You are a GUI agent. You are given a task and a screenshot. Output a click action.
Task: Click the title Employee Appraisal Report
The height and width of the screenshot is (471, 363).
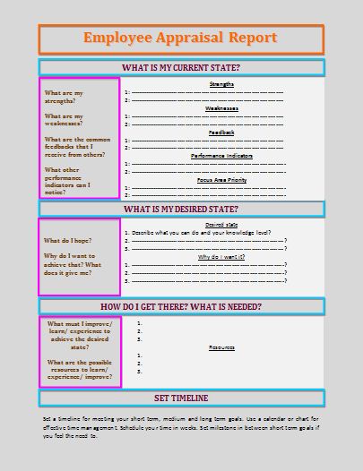pyautogui.click(x=180, y=39)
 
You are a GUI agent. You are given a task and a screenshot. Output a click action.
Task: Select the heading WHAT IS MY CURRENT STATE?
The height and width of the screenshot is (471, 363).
pyautogui.click(x=181, y=68)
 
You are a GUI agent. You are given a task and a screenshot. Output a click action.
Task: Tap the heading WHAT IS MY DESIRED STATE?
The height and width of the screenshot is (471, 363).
pyautogui.click(x=181, y=210)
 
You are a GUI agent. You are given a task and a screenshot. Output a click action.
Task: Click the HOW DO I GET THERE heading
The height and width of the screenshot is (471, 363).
pyautogui.click(x=181, y=306)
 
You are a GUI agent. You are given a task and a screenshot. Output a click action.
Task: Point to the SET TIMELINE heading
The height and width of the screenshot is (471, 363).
pyautogui.click(x=181, y=398)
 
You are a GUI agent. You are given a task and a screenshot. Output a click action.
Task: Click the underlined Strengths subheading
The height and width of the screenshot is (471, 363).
pyautogui.click(x=221, y=84)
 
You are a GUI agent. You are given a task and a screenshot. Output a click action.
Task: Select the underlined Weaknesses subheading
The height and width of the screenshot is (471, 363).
pyautogui.click(x=221, y=108)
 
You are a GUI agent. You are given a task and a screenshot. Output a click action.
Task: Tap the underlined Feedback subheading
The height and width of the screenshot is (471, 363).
pyautogui.click(x=221, y=133)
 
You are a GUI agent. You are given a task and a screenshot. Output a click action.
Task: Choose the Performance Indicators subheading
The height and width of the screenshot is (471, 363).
pyautogui.click(x=221, y=156)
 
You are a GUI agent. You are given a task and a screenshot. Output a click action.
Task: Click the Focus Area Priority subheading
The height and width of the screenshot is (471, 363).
pyautogui.click(x=221, y=180)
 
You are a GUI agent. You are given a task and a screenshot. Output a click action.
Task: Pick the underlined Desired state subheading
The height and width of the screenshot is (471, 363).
pyautogui.click(x=221, y=225)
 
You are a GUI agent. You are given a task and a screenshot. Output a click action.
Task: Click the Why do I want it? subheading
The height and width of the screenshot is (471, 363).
pyautogui.click(x=221, y=256)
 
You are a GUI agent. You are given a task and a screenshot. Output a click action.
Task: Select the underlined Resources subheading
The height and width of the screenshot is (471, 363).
pyautogui.click(x=221, y=347)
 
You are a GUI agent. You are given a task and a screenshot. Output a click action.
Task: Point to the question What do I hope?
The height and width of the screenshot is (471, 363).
pyautogui.click(x=68, y=241)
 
